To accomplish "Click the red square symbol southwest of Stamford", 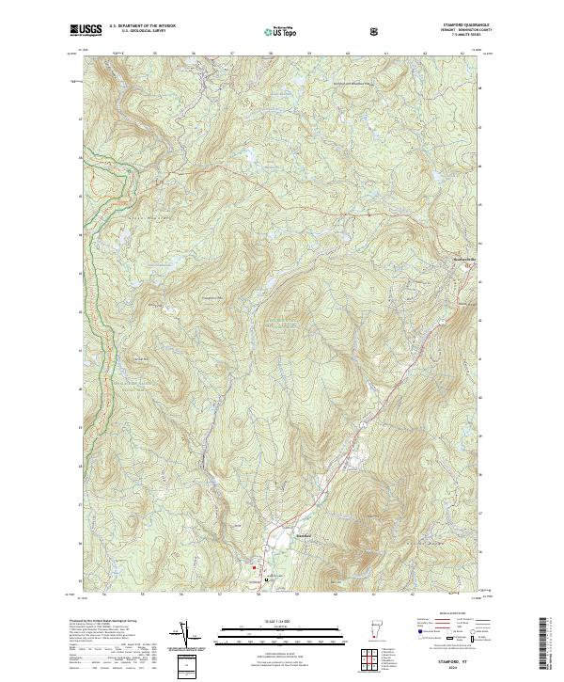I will click(x=254, y=568).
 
